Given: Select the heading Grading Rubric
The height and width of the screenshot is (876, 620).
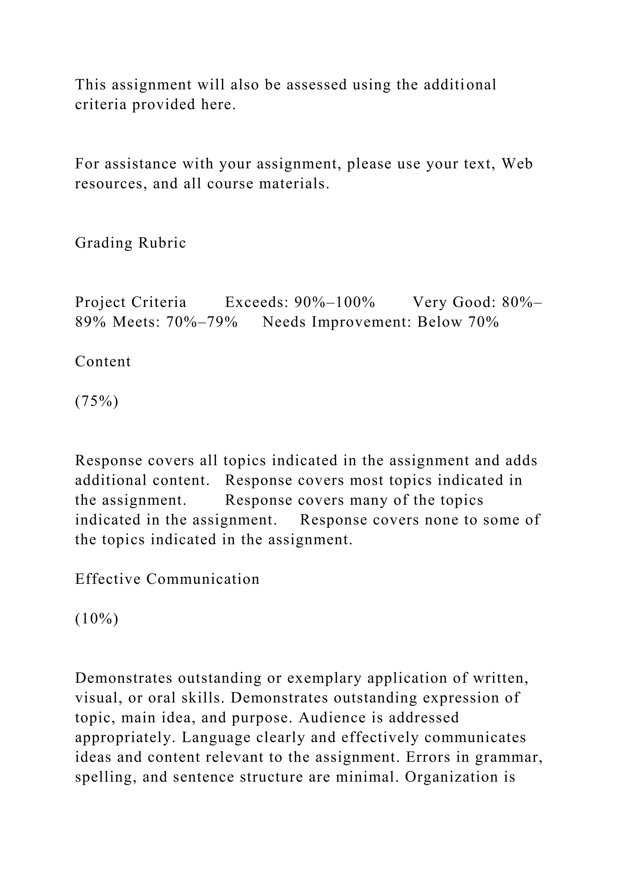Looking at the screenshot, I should tap(130, 243).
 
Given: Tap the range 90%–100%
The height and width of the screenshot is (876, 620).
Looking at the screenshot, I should tap(335, 302).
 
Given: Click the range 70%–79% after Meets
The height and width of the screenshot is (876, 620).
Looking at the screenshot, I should tap(202, 322).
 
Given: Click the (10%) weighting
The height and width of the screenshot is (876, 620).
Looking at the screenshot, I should tap(97, 619).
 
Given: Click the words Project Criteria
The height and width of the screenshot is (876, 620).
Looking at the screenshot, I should tap(130, 302).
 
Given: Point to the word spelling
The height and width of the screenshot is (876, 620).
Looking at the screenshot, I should tap(105, 778).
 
